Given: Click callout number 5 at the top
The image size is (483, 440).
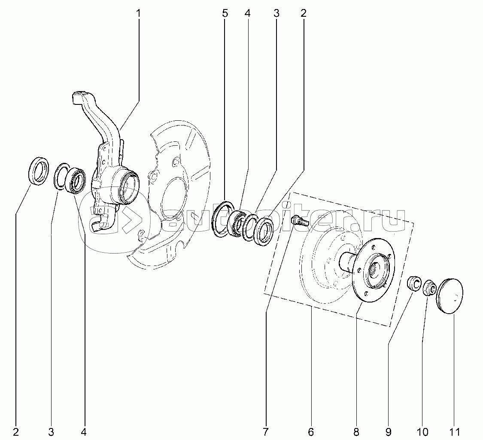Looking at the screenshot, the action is (x=225, y=13).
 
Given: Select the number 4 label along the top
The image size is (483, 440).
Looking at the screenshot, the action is (x=248, y=13).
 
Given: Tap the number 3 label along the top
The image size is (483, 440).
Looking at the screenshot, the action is (x=276, y=13).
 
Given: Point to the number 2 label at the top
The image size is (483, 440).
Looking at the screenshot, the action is (x=304, y=13).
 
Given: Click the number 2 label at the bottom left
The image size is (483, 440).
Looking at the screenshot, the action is (x=16, y=432).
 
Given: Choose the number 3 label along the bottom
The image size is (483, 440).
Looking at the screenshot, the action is (x=51, y=432).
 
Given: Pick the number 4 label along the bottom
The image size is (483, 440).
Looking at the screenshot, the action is (x=83, y=432).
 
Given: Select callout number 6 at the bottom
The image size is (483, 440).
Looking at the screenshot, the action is (x=311, y=432).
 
